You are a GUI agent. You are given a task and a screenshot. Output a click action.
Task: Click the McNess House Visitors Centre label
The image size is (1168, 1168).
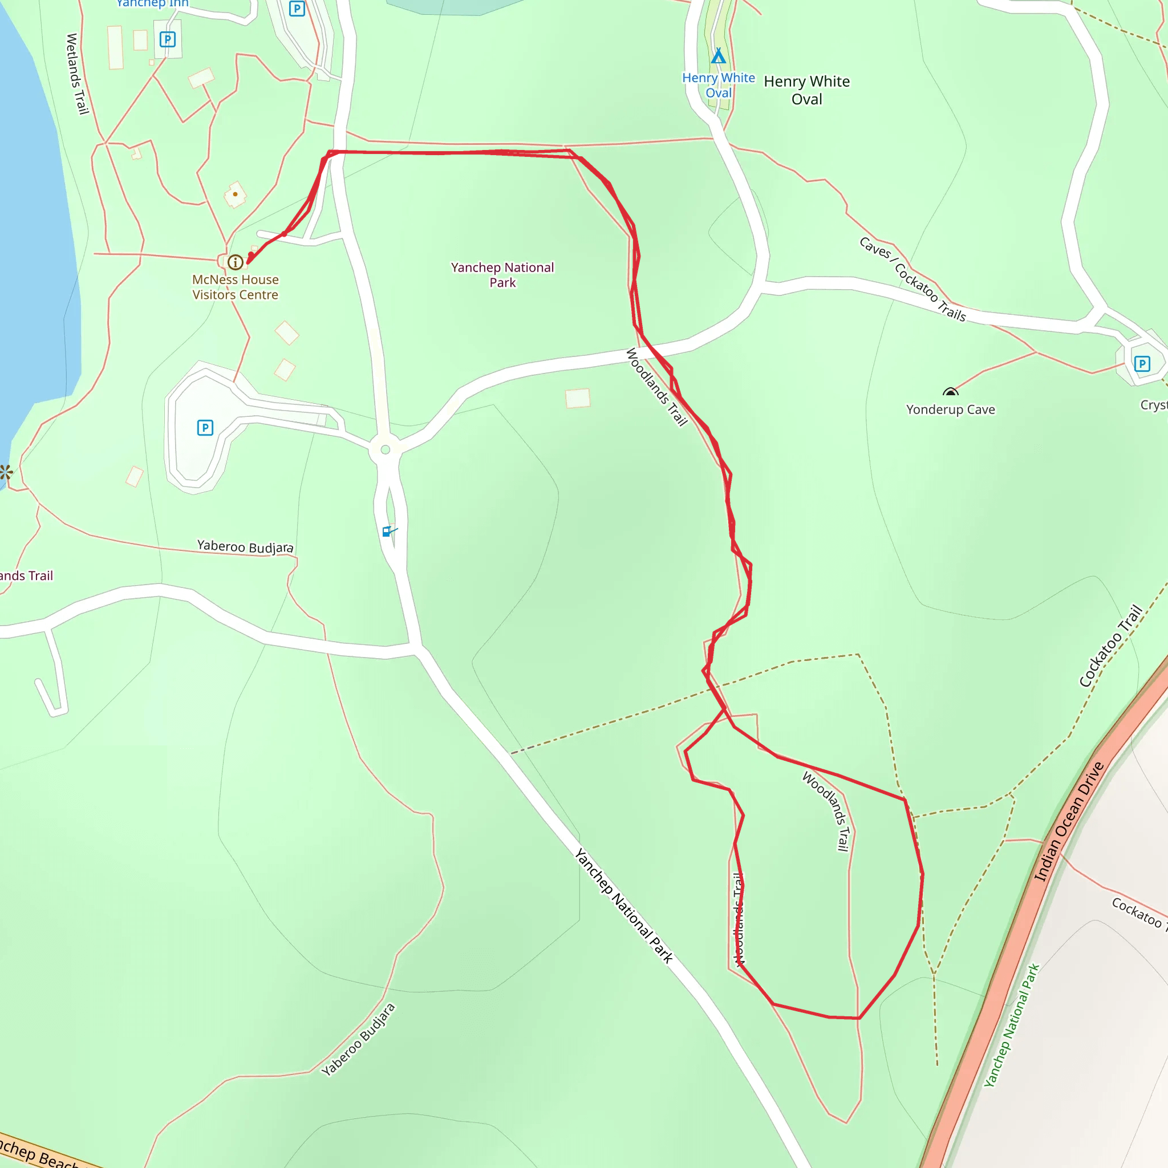click(x=235, y=287)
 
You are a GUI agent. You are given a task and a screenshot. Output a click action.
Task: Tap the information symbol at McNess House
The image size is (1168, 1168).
click(x=235, y=262)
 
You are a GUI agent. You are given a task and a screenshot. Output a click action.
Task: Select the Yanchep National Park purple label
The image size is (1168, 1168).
click(x=502, y=274)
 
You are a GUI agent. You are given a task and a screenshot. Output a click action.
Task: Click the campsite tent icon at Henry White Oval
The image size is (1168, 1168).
click(x=718, y=57)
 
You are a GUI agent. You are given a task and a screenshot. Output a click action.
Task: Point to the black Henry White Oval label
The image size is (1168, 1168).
click(x=806, y=90)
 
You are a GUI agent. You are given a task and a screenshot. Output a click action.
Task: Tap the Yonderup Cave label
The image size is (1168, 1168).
click(x=950, y=410)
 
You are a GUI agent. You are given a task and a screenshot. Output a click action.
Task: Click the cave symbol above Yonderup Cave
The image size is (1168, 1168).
click(x=950, y=392)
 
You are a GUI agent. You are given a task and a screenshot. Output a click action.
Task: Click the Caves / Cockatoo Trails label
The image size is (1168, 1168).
click(x=912, y=279)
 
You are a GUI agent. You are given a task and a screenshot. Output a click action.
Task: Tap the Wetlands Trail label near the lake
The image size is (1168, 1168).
click(x=77, y=74)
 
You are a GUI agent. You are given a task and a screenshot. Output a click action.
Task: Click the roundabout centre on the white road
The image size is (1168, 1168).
click(x=385, y=450)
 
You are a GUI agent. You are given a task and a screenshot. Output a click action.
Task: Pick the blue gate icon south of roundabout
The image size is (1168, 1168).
click(x=387, y=532)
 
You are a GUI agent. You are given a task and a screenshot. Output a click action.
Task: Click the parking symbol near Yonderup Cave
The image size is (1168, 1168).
click(x=1141, y=364)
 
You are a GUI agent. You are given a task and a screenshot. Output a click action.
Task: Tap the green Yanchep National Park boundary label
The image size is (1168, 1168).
click(x=1011, y=1025)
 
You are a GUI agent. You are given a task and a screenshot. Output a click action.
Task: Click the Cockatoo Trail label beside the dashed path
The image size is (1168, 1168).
click(x=1111, y=646)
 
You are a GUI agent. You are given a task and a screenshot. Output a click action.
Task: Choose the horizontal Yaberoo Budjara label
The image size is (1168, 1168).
click(x=245, y=546)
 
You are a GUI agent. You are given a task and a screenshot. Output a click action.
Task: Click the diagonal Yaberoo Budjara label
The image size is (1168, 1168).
click(x=359, y=1040)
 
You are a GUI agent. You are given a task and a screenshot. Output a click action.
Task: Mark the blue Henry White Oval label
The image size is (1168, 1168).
click(x=718, y=85)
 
